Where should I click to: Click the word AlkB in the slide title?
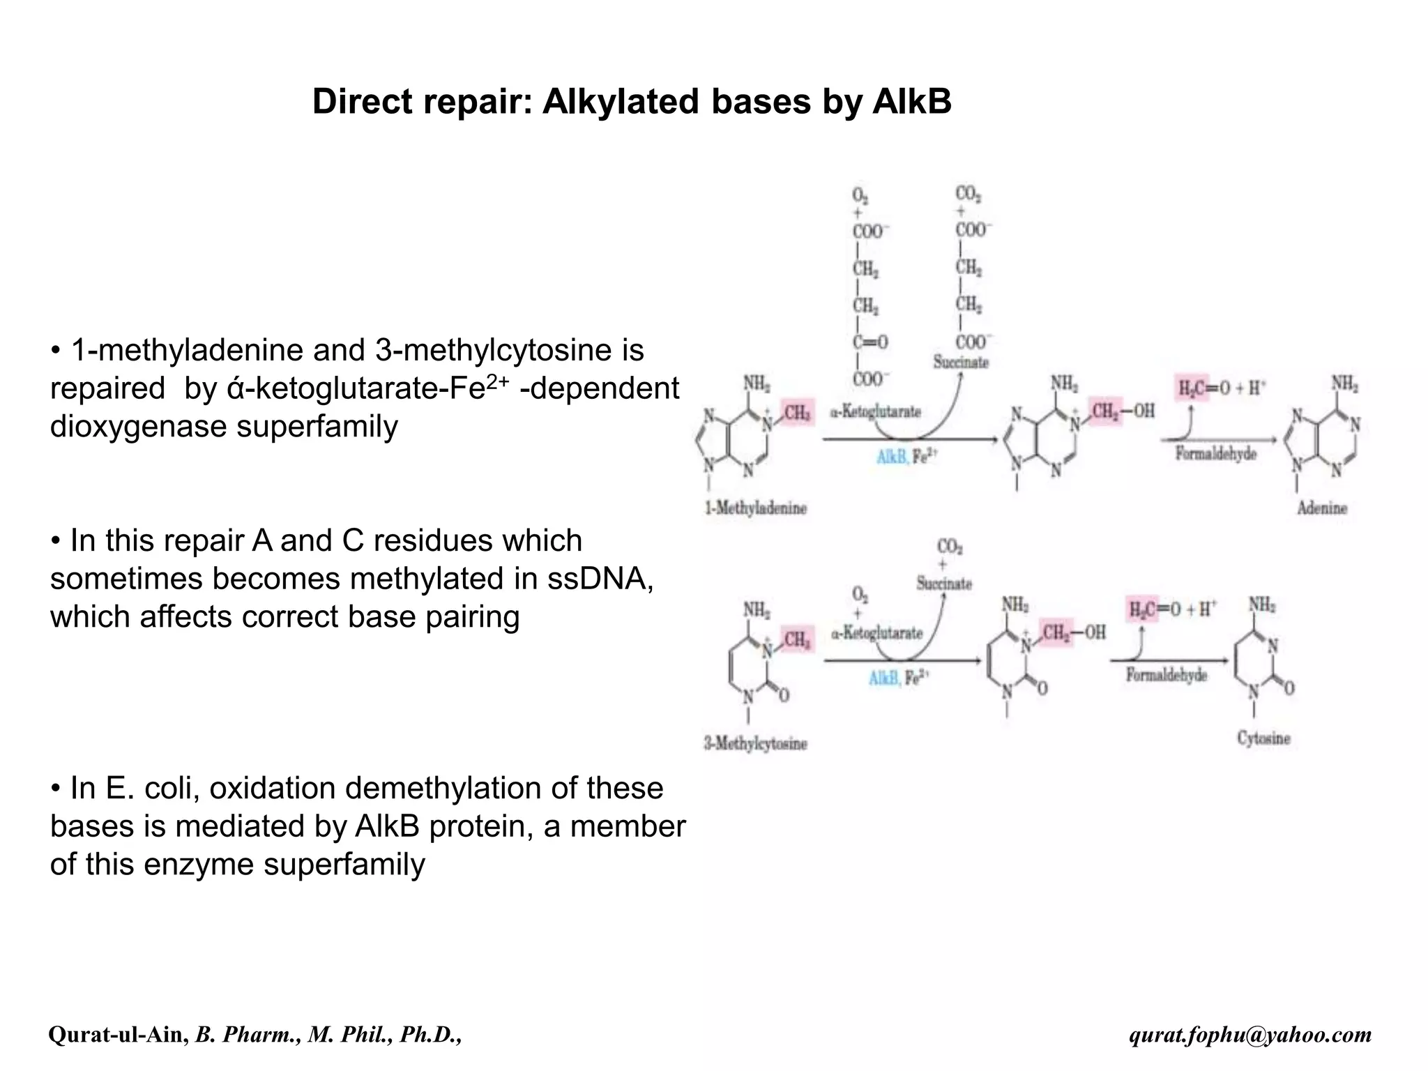911,102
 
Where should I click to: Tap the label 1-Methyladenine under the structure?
755,508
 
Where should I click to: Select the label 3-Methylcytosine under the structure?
755,744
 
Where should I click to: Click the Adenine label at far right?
1321,508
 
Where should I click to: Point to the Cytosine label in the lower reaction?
1263,738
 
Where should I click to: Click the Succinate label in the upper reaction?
961,363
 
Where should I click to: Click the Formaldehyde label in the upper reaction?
1215,454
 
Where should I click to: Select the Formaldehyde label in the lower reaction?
1166,675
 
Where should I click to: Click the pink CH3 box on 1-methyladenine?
797,413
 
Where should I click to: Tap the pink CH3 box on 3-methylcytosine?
797,639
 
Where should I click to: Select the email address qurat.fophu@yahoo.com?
1250,1035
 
